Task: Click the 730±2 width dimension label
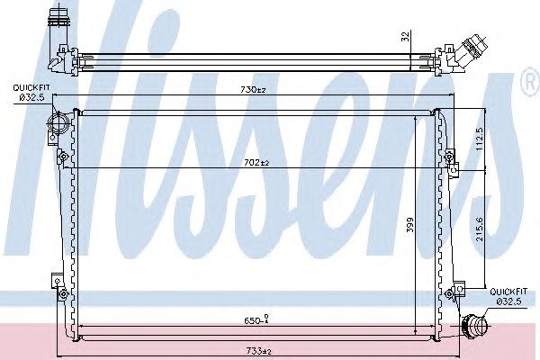[x=253, y=90]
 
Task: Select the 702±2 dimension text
[x=256, y=163]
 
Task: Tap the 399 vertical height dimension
[x=409, y=225]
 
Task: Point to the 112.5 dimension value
[x=480, y=139]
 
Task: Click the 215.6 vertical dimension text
[x=480, y=229]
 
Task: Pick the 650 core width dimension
[x=256, y=320]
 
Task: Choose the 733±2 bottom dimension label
[x=258, y=351]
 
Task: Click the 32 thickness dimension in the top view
[x=406, y=37]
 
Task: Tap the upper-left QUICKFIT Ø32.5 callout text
[x=29, y=93]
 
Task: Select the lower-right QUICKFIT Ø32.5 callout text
[x=508, y=296]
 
